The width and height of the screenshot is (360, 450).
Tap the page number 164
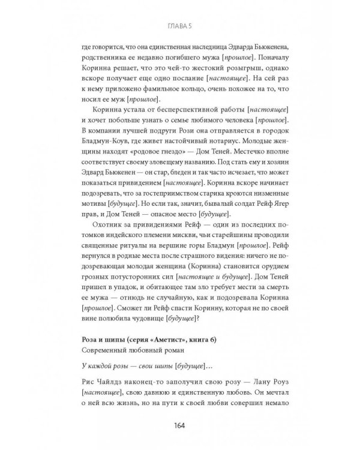click(180, 426)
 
